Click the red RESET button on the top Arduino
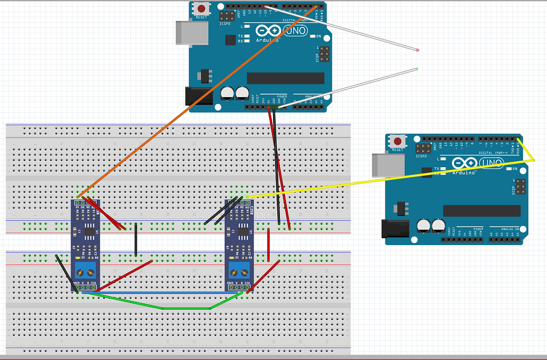click(x=202, y=9)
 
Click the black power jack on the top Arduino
click(x=194, y=95)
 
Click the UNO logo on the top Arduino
click(x=296, y=31)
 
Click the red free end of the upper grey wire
click(x=417, y=50)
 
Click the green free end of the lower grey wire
click(x=417, y=69)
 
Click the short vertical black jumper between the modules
click(x=136, y=239)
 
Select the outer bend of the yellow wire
click(x=534, y=161)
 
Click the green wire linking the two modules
click(x=163, y=308)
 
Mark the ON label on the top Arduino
click(x=318, y=36)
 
